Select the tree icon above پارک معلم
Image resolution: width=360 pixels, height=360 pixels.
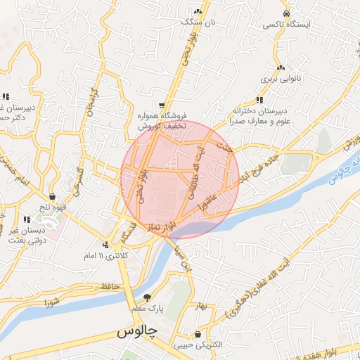tap(147, 297)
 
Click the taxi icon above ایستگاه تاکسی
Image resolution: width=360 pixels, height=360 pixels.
tap(285, 14)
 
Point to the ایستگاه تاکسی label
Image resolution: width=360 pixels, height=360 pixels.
tap(286, 25)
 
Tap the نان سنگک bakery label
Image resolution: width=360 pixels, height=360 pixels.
tap(196, 22)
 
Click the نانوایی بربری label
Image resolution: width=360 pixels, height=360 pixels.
tap(281, 79)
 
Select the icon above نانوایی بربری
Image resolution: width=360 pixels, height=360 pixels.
tap(281, 67)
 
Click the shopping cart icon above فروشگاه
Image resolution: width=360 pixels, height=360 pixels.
tap(162, 104)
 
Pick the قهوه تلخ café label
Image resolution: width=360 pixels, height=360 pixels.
tap(53, 207)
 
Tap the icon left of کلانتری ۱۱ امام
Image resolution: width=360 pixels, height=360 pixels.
tap(105, 245)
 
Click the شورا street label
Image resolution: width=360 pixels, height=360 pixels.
tap(54, 302)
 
